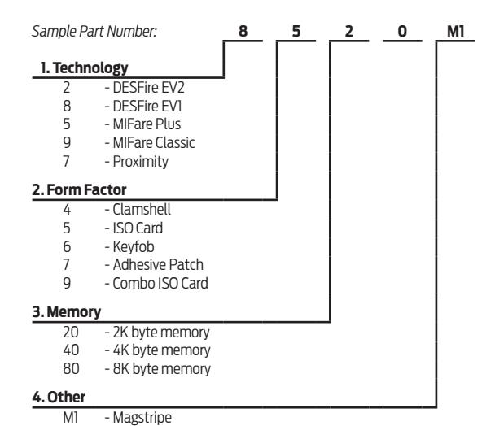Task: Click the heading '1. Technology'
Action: [x=84, y=67]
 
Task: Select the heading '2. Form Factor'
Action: [x=79, y=189]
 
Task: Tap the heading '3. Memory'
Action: [x=67, y=312]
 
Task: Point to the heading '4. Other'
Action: [x=59, y=398]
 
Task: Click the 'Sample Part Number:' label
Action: [x=94, y=32]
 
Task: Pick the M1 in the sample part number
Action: [x=456, y=31]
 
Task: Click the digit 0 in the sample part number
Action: [x=402, y=31]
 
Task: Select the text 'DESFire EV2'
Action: [x=149, y=88]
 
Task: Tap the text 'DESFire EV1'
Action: [x=147, y=106]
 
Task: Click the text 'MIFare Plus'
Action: [x=147, y=124]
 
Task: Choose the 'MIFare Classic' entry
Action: [x=154, y=143]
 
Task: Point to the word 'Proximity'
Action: [x=141, y=162]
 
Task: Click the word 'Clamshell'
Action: [x=142, y=210]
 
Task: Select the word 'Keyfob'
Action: [x=134, y=247]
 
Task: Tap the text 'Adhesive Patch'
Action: [x=158, y=265]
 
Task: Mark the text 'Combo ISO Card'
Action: [x=160, y=283]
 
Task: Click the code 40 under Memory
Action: [x=71, y=350]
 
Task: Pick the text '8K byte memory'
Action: [x=162, y=369]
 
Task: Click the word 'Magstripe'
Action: [x=142, y=418]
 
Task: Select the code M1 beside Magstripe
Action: [x=70, y=417]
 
